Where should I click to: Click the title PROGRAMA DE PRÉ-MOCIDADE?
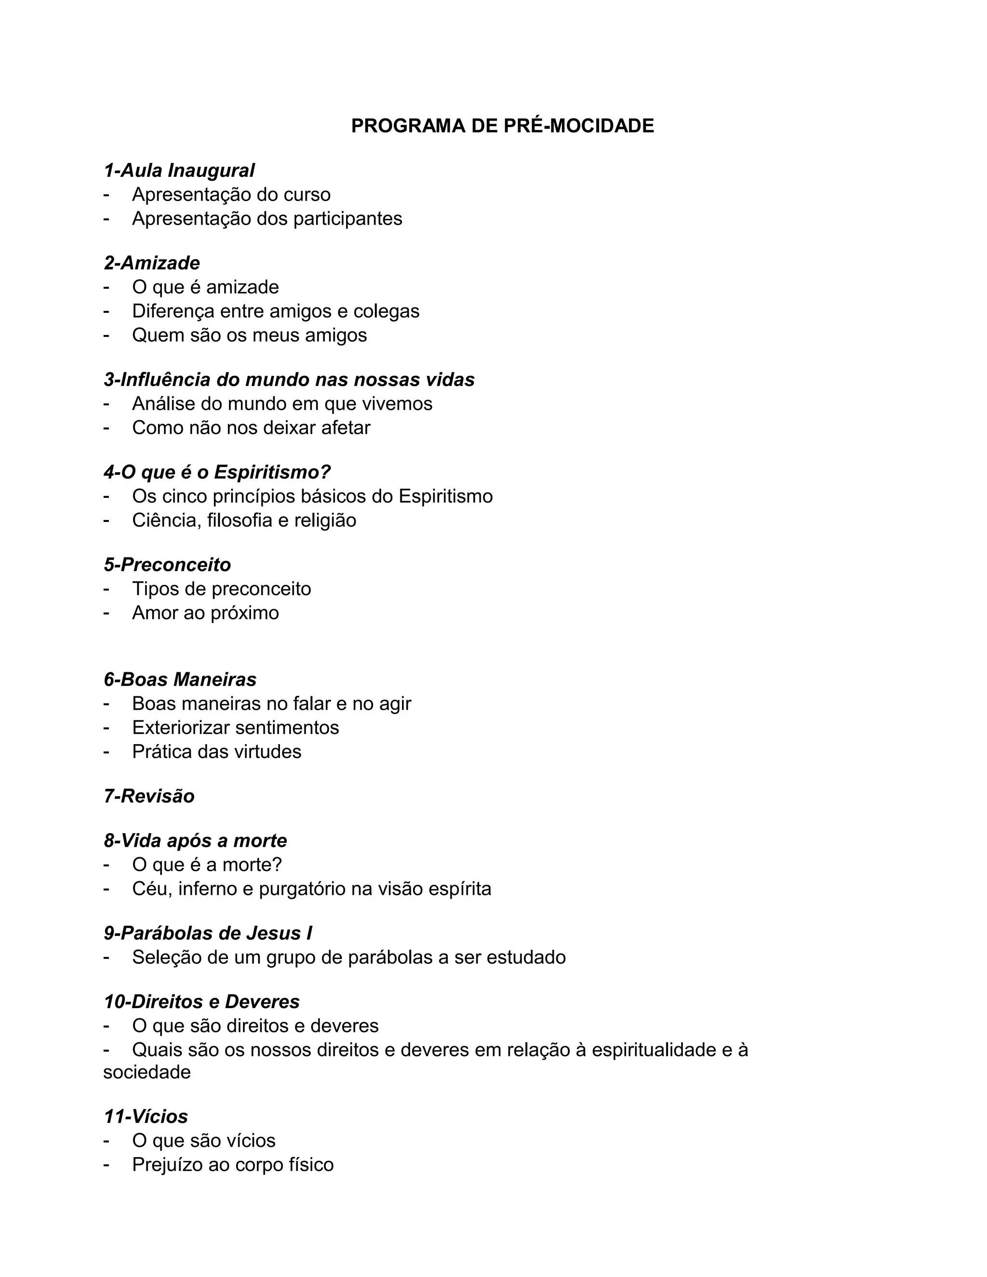point(502,126)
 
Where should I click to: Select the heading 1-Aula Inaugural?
point(179,171)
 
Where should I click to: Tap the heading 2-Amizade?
point(152,263)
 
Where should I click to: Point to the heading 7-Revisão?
point(149,797)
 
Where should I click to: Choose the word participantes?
point(347,219)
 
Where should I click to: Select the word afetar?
point(346,428)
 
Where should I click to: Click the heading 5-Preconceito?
point(167,565)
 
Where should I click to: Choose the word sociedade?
point(147,1072)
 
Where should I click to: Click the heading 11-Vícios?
point(146,1117)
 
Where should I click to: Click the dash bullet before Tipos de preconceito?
point(107,589)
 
